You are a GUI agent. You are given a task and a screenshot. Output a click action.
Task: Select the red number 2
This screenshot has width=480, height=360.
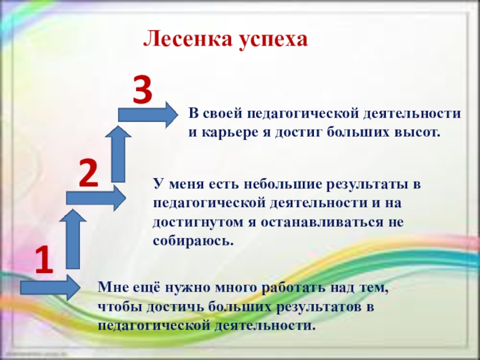coord(88,174)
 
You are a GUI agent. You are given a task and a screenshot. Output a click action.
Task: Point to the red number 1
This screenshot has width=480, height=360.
coord(44,260)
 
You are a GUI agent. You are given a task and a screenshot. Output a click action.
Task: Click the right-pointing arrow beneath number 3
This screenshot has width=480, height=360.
coord(148,115)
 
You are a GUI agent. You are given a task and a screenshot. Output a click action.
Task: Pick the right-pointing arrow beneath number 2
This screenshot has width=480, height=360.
coord(96,198)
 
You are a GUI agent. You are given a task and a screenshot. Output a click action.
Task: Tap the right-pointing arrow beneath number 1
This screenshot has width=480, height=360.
coord(50,288)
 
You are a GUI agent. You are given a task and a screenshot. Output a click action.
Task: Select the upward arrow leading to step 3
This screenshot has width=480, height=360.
coord(118,154)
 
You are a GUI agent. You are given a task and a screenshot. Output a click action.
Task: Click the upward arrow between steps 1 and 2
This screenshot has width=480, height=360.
coord(73,239)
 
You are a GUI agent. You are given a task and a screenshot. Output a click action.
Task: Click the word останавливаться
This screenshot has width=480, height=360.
coord(322,222)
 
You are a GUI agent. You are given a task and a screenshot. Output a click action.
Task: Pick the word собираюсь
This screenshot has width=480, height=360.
coord(193,241)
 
